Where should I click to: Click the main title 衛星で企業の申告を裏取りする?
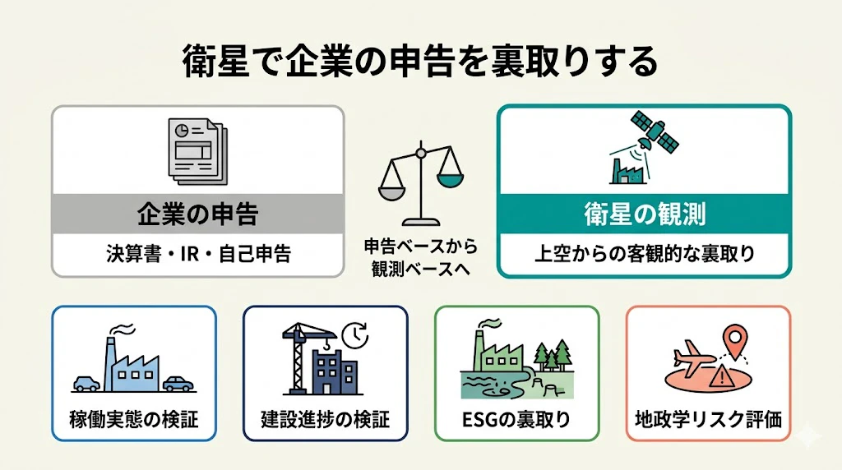tap(420, 61)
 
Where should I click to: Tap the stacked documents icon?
tap(197, 152)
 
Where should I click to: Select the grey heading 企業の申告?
tap(197, 214)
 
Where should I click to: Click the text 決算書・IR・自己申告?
tap(198, 254)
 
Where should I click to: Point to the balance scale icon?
tap(421, 183)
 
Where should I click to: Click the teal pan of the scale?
tap(450, 180)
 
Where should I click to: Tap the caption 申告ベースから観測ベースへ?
tap(421, 257)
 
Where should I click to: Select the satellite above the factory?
tap(654, 131)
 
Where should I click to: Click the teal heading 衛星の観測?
tap(645, 214)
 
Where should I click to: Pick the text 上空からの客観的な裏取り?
tap(645, 254)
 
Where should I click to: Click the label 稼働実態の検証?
tap(134, 419)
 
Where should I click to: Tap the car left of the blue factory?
tap(86, 383)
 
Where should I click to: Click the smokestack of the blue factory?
tap(111, 364)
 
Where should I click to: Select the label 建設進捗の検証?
tap(325, 419)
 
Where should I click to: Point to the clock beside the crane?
tap(355, 335)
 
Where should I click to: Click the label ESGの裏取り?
tap(516, 419)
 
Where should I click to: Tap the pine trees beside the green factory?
tap(553, 355)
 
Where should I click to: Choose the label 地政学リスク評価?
tap(708, 419)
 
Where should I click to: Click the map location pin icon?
tap(734, 341)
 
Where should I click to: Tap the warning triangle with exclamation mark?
tap(722, 376)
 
